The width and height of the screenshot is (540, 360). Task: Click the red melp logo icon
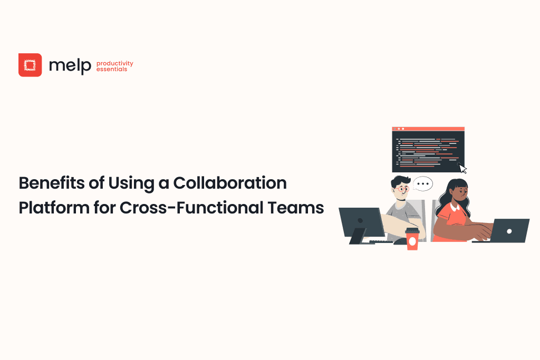30,65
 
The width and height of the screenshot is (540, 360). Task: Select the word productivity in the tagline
115,63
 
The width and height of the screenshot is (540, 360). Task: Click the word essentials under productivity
112,70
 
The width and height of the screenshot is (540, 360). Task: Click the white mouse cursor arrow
462,169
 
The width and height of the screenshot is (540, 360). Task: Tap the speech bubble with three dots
423,183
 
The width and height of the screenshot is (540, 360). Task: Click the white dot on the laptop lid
509,230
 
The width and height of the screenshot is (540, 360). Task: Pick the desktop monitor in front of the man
362,222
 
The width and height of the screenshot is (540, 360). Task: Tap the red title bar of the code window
428,129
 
